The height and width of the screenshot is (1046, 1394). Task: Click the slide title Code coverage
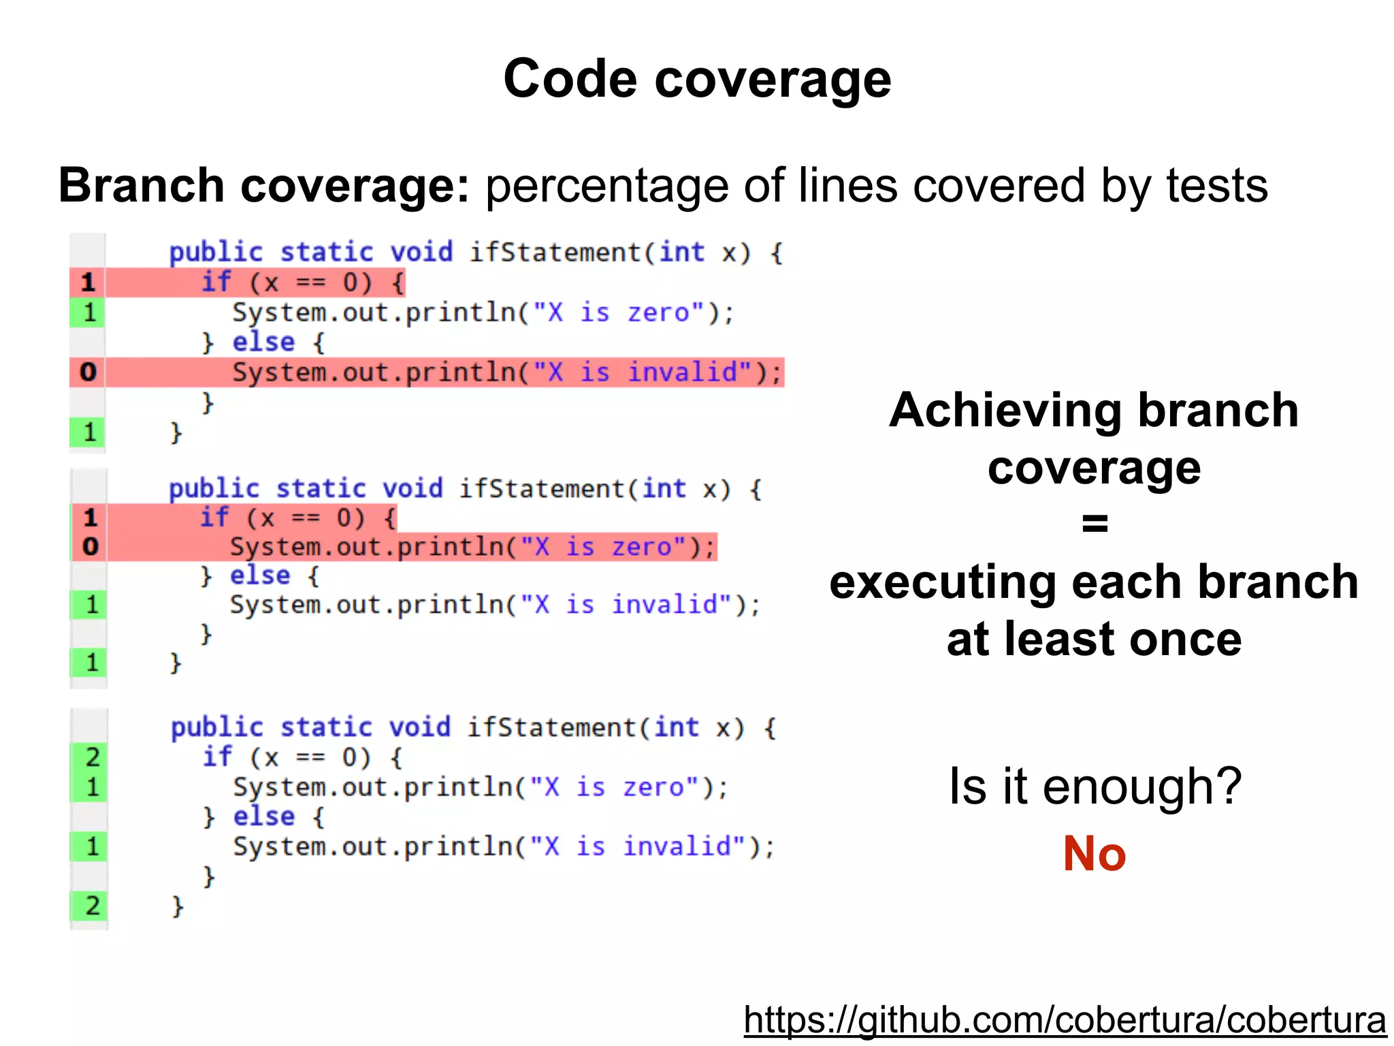697,79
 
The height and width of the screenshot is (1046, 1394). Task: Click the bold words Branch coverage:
264,185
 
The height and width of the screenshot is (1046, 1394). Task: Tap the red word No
1095,853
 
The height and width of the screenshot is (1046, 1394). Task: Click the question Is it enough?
1095,787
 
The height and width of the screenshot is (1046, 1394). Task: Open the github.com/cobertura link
1065,1020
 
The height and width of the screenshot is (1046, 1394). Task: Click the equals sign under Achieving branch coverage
1095,523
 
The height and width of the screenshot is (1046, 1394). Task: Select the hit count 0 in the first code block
88,372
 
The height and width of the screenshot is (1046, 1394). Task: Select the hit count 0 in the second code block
91,546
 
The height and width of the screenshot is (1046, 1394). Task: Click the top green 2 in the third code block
93,757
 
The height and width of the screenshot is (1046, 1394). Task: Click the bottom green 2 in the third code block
93,906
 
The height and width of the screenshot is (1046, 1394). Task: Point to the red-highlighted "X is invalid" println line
506,373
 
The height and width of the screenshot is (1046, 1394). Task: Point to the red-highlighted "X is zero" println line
472,547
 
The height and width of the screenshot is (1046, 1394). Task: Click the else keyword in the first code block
263,342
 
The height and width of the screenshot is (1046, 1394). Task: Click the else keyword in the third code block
264,816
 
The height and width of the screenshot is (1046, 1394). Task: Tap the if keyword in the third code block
217,757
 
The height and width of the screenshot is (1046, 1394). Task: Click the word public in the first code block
216,253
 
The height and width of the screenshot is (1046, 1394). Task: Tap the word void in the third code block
419,727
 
